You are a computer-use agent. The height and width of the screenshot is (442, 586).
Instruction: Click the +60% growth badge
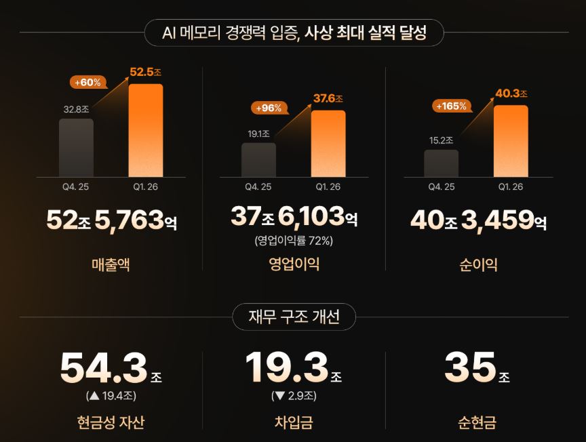88,82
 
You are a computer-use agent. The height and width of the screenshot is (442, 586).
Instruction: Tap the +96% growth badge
269,108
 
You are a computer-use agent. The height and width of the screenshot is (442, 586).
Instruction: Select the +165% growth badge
452,106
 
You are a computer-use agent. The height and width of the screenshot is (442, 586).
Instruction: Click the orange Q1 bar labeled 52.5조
146,130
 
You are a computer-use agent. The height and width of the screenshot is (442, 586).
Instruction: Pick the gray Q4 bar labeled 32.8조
76,148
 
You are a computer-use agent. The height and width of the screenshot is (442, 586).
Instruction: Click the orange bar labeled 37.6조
328,144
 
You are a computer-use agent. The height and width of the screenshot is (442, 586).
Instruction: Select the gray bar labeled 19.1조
258,160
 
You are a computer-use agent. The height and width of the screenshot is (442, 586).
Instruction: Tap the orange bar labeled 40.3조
511,141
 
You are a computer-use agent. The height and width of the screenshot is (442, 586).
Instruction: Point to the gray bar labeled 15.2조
442,163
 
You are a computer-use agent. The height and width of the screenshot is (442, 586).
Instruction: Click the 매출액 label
111,264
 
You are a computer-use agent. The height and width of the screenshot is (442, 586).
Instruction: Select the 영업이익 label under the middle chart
294,264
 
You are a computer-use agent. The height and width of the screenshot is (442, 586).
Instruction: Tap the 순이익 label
478,264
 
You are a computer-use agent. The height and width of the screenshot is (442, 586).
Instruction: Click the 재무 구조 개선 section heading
294,317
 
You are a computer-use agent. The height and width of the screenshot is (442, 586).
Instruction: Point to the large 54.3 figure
104,367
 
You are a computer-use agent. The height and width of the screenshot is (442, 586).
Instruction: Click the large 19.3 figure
287,367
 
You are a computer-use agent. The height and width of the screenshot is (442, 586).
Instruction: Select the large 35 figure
470,367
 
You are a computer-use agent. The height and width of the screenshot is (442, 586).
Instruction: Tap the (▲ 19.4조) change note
111,396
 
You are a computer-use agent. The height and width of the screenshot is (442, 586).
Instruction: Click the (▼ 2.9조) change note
294,396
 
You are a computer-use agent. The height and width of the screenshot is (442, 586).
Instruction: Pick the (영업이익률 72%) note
294,240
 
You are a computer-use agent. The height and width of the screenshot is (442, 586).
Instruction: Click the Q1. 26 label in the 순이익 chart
511,186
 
